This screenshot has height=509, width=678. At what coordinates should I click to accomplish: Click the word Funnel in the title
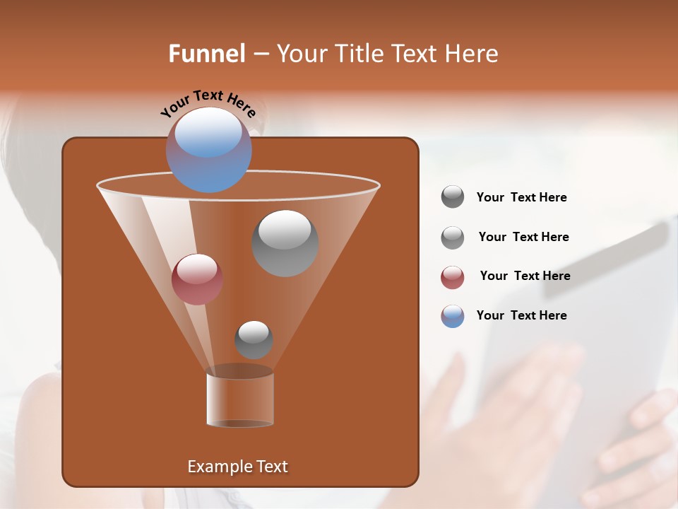pyautogui.click(x=206, y=54)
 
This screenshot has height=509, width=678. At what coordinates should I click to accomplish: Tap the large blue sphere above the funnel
pyautogui.click(x=209, y=149)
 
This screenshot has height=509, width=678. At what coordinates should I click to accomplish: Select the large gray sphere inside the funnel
pyautogui.click(x=285, y=243)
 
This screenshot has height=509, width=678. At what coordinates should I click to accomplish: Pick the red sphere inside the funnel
pyautogui.click(x=197, y=279)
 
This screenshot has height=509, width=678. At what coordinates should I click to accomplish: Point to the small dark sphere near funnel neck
pyautogui.click(x=254, y=339)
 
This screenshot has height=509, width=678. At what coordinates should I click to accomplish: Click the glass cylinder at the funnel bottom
pyautogui.click(x=240, y=400)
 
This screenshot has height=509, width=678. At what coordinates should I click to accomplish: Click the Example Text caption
pyautogui.click(x=237, y=467)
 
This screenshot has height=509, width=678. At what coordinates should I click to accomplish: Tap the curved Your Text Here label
pyautogui.click(x=208, y=103)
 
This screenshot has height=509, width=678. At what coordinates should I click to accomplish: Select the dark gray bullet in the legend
pyautogui.click(x=453, y=197)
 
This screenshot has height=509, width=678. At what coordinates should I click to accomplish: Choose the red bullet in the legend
pyautogui.click(x=453, y=277)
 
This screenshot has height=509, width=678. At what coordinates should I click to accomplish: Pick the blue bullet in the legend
pyautogui.click(x=453, y=316)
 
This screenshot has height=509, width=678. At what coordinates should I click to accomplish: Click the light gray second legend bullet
pyautogui.click(x=453, y=238)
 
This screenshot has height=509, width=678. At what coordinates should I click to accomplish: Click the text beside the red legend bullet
pyautogui.click(x=525, y=276)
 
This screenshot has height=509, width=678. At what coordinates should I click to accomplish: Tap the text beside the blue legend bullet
pyautogui.click(x=521, y=315)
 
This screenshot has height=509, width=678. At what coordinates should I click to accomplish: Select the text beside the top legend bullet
pyautogui.click(x=521, y=197)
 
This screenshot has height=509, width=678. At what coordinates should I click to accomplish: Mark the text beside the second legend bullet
pyautogui.click(x=523, y=237)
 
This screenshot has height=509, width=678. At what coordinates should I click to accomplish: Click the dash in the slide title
pyautogui.click(x=260, y=54)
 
